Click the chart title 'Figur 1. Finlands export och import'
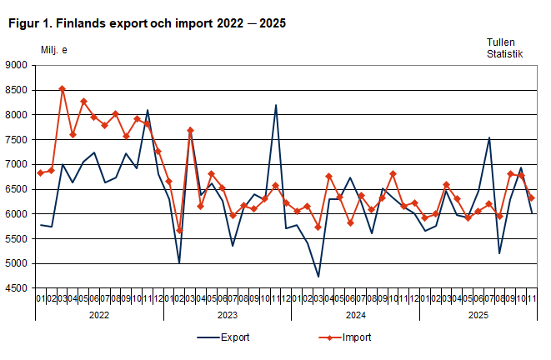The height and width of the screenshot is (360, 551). point(147,23)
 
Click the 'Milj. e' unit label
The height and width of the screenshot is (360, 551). point(54,50)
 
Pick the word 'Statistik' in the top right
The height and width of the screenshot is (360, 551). point(505,54)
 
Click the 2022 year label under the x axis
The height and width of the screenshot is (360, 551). point(98,316)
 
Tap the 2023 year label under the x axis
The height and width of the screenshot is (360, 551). point(227,316)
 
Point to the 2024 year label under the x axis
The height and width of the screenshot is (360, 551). point(355,316)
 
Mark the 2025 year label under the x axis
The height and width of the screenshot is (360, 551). point(478,316)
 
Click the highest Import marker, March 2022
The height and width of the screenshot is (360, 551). point(63,88)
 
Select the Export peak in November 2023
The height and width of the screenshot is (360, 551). point(276,105)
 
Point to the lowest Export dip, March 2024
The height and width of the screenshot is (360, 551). point(318,277)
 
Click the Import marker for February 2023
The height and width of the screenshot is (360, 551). point(180,231)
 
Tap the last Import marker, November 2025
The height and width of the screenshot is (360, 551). point(532,198)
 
